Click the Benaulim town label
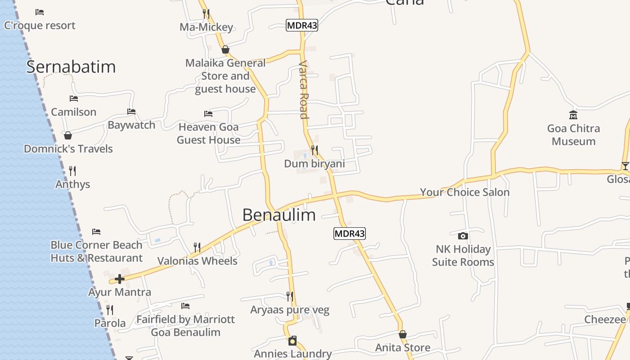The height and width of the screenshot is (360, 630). tap(279, 215)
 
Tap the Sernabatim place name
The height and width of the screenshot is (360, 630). tap(71, 67)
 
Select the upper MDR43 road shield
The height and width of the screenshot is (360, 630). tap(302, 26)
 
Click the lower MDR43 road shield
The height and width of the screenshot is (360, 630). tap(350, 234)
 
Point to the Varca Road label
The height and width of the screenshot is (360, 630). tap(304, 90)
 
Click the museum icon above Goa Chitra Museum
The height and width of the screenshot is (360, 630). tap(573, 115)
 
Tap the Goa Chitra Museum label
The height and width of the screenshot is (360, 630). tap(573, 135)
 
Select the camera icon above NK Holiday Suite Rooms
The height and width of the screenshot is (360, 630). tap(463, 236)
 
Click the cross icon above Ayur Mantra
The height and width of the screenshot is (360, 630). tap(119, 279)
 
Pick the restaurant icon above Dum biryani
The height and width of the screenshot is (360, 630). tap(315, 150)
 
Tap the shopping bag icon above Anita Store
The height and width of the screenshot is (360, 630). tap(403, 334)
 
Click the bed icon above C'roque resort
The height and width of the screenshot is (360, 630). tap(40, 12)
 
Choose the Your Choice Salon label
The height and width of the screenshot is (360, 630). tap(464, 192)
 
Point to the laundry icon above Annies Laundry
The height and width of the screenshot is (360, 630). tap(292, 341)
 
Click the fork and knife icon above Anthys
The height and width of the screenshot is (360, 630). tap(72, 171)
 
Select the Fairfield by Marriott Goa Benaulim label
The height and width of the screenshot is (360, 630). tap(185, 326)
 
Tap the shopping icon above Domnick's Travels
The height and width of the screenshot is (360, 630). tap(68, 135)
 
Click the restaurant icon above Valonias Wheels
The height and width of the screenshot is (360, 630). tap(197, 247)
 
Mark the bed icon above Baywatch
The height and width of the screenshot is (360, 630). tap(131, 112)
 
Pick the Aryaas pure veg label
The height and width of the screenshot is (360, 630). tap(290, 310)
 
